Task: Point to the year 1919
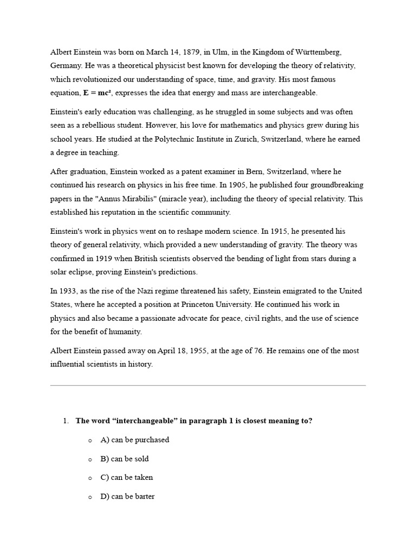pos(106,259)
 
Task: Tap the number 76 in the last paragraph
pos(257,351)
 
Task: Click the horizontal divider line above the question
pos(208,385)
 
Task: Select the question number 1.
pos(66,421)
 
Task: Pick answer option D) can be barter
pos(127,496)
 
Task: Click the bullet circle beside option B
pos(90,459)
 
